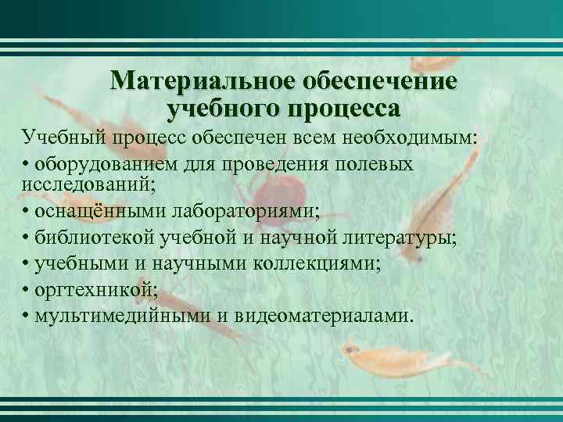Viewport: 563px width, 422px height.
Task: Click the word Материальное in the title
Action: (192, 82)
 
